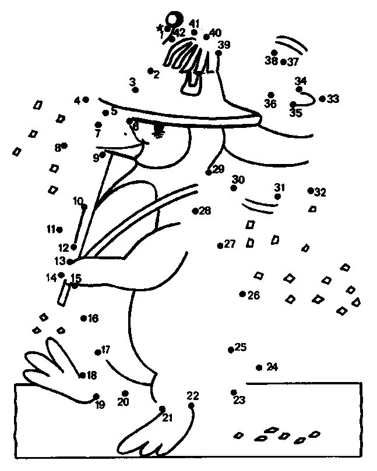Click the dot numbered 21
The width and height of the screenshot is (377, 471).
coord(162,409)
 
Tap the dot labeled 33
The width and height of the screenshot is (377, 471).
coord(322,99)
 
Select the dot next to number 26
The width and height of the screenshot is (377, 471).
coord(242,294)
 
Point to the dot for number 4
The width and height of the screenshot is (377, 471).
coord(86,100)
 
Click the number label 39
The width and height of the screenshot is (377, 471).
coord(224,45)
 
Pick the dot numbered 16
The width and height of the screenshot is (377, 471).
coord(84,318)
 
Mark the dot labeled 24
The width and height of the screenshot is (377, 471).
coord(259,367)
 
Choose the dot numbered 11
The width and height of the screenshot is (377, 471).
coord(60,229)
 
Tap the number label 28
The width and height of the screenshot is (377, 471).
coord(205,210)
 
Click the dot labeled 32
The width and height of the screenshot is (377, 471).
coord(311,190)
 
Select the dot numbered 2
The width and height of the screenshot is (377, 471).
coord(150,71)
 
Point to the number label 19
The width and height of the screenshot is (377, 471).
coord(100,405)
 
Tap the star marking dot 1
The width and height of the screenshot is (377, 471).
coord(159,27)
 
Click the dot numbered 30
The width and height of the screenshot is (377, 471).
coord(234,188)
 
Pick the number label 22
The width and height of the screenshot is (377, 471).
coord(193,396)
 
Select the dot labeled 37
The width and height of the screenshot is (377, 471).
coord(283,62)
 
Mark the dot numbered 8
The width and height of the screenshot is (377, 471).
coord(64,145)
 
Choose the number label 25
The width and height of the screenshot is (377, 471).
coord(241,348)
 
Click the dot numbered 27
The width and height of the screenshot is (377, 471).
coord(220,245)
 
